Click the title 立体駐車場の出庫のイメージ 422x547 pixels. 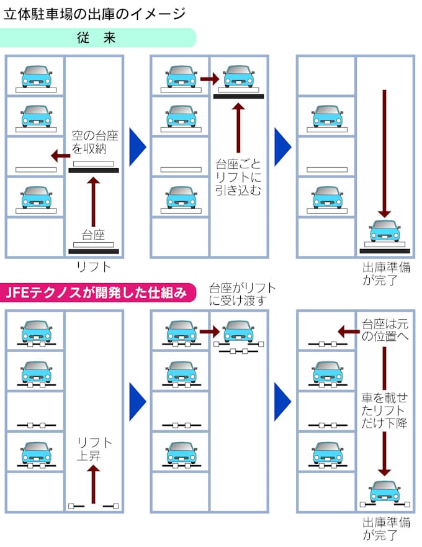point(94,12)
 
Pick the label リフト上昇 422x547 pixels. point(94,448)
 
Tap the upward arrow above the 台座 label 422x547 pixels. point(94,201)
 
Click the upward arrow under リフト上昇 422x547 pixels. point(94,484)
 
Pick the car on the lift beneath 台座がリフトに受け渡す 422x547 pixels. point(238,332)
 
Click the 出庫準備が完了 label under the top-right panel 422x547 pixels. point(387,274)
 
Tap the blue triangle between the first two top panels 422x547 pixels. point(137,147)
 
